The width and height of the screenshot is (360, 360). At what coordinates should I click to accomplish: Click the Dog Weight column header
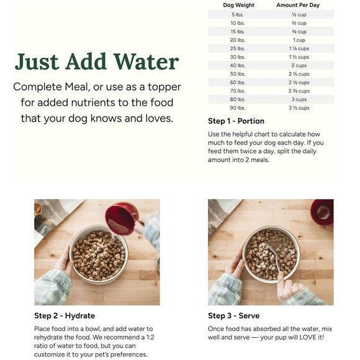(x=238, y=5)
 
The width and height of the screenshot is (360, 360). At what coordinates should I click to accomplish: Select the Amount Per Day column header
(x=297, y=5)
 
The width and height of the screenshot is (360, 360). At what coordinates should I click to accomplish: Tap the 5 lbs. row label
(x=238, y=14)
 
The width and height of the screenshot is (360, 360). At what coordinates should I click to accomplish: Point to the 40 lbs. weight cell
(x=238, y=65)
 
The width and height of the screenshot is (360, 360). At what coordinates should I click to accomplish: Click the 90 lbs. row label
(x=238, y=107)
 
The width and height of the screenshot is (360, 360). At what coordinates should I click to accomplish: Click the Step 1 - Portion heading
(x=236, y=121)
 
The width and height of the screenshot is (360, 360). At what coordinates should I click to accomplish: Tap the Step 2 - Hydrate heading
(x=65, y=316)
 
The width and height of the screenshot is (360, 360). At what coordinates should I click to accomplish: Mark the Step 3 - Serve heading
(x=234, y=316)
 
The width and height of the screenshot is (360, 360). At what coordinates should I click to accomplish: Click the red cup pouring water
(x=121, y=218)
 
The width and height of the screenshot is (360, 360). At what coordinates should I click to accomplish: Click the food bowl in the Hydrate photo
(x=99, y=254)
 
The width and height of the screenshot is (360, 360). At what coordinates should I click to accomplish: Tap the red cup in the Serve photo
(x=322, y=212)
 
